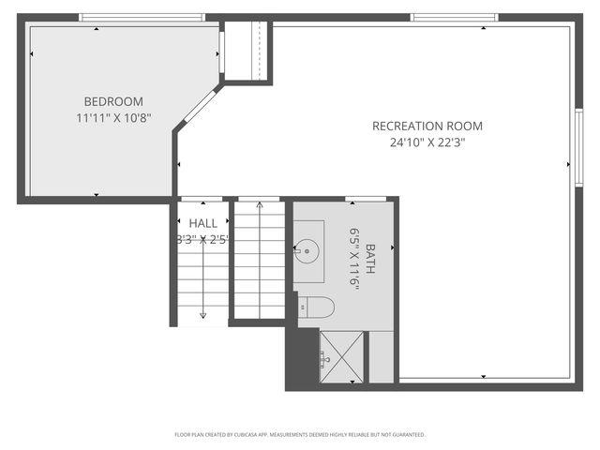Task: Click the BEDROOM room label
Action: coord(112,101)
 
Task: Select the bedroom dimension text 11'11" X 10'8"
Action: coord(113,118)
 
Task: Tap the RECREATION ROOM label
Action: coord(427,126)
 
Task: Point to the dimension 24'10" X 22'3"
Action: coord(427,142)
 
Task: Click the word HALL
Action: coord(202,223)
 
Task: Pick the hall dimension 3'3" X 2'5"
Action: coord(202,239)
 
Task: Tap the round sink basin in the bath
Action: coord(307,250)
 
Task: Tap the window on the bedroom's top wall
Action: coord(141,17)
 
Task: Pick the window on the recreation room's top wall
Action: coord(448,17)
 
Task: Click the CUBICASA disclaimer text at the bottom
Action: coord(300,435)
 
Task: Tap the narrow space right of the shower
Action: coord(381,356)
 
